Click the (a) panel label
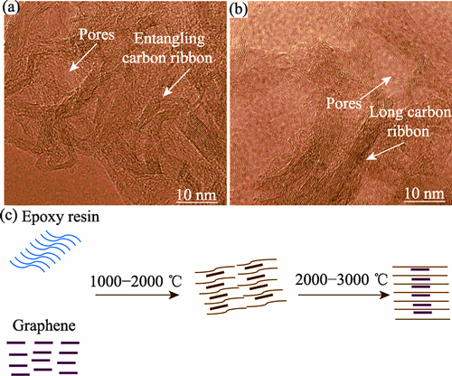click(10, 8)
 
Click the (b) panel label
click(238, 9)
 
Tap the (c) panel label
click(9, 216)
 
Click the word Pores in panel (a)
click(97, 34)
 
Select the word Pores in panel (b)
click(344, 104)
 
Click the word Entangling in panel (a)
click(169, 40)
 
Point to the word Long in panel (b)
click(386, 113)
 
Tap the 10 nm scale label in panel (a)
click(196, 195)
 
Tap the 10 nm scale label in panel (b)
click(424, 193)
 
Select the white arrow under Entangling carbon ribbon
click(176, 82)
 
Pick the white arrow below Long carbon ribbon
click(385, 151)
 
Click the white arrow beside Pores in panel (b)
click(376, 88)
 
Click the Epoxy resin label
click(61, 217)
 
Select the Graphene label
click(44, 326)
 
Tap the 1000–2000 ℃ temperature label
click(137, 281)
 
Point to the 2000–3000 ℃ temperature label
click(341, 280)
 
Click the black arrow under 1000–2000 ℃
click(137, 295)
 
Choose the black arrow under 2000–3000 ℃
click(344, 295)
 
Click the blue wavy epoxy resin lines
click(45, 251)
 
